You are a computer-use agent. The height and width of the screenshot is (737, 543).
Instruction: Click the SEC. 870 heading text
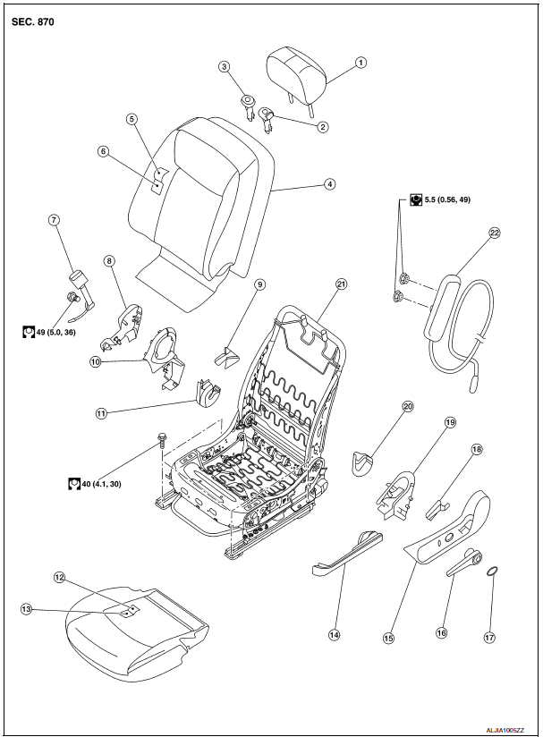click(x=33, y=21)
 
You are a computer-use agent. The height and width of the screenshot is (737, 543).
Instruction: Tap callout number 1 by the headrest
click(x=361, y=63)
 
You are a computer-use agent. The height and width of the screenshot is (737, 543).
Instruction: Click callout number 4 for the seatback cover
click(x=330, y=184)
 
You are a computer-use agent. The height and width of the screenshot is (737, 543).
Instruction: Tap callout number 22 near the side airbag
click(x=494, y=233)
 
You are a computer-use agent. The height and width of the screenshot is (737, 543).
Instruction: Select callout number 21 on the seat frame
click(x=341, y=284)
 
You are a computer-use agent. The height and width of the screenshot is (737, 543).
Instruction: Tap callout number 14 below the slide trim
click(x=334, y=634)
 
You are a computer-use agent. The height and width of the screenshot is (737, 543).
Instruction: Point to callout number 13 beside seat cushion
click(x=25, y=608)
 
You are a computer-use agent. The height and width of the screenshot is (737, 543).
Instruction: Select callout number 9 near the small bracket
click(x=260, y=285)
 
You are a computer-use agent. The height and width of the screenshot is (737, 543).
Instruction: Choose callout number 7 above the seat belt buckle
click(x=55, y=219)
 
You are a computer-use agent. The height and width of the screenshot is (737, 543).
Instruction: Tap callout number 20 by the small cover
click(x=408, y=406)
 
